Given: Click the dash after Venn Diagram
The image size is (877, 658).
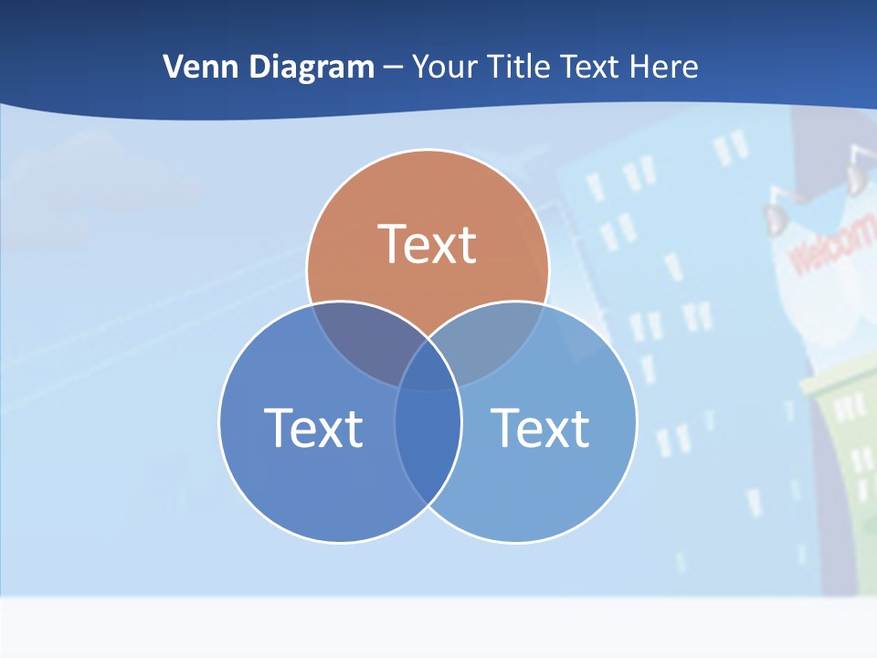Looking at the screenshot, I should (394, 68).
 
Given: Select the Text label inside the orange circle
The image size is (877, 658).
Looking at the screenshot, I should (428, 244).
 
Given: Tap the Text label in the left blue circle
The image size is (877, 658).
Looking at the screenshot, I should (313, 427).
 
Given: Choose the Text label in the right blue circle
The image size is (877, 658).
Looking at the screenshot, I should (540, 427).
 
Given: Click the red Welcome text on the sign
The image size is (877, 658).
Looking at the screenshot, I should (831, 247).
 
